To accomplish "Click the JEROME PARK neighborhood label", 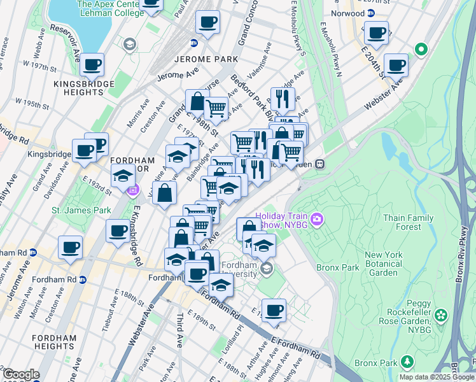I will [205, 59].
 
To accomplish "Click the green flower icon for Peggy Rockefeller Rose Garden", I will [439, 315].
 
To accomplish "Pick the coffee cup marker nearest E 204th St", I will [396, 64].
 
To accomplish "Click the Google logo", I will [20, 374].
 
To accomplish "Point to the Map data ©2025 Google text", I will [436, 377].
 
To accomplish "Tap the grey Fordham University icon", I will [267, 268].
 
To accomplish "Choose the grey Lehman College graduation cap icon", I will [130, 44].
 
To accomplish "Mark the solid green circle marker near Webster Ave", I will [420, 48].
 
